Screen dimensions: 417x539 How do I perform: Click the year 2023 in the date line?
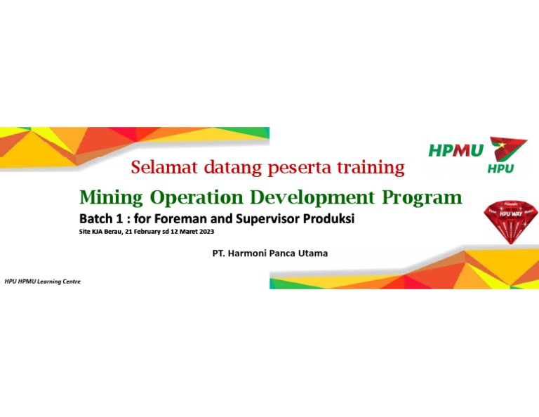coord(204,232)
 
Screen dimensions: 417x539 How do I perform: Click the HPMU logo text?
coord(456,150)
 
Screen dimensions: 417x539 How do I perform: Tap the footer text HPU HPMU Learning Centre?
coord(43,281)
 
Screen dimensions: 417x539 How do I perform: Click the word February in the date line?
coord(147,232)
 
